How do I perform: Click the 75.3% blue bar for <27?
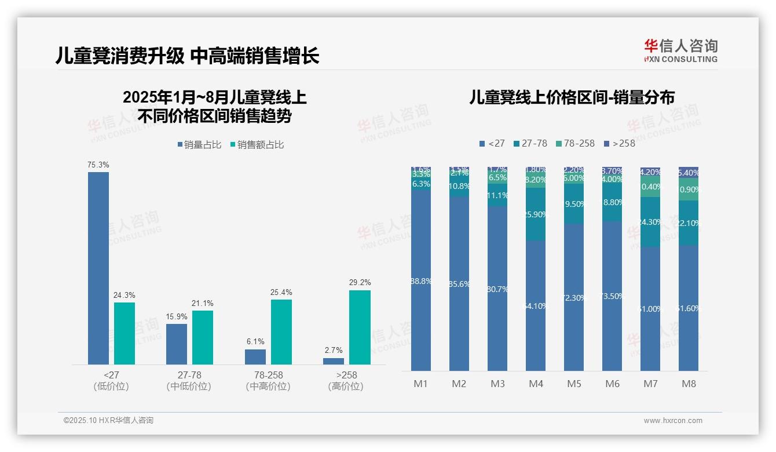[x=98, y=268]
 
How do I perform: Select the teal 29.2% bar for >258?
[x=360, y=327]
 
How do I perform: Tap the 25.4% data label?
[x=281, y=292]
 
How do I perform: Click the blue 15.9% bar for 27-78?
[x=177, y=344]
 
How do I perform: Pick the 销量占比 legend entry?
[x=199, y=145]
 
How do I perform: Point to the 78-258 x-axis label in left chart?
[x=268, y=376]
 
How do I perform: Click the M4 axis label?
[x=536, y=384]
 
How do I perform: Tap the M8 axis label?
[x=689, y=384]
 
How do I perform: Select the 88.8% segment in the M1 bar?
[x=421, y=280]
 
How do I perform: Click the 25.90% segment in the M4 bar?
[x=536, y=214]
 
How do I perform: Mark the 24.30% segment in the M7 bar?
[x=650, y=222]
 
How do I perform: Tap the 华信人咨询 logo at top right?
[x=681, y=51]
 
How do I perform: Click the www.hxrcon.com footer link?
[x=673, y=421]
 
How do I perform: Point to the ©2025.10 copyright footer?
[x=108, y=421]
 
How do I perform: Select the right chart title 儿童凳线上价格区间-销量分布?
[x=572, y=97]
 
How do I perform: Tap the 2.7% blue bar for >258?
[x=334, y=361]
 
